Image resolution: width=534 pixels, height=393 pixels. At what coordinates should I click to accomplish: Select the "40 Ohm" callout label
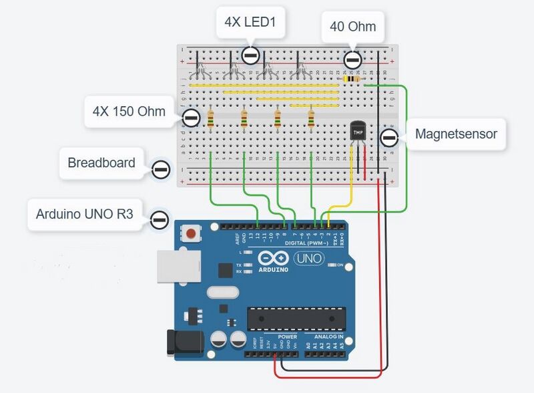click(x=352, y=27)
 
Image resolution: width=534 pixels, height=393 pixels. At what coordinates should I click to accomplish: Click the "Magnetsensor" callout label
click(x=456, y=134)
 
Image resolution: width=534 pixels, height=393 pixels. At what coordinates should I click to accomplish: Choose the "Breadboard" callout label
click(x=101, y=163)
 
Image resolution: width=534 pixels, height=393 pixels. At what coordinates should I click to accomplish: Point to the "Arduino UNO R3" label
click(x=84, y=214)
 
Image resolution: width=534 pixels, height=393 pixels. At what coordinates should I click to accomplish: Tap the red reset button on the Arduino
click(x=192, y=235)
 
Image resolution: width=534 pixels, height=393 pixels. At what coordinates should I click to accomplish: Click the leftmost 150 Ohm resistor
click(x=211, y=118)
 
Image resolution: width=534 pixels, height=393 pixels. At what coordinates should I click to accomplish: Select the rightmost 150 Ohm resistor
click(x=311, y=119)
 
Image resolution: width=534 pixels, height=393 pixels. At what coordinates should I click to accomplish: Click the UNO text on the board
click(x=309, y=259)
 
